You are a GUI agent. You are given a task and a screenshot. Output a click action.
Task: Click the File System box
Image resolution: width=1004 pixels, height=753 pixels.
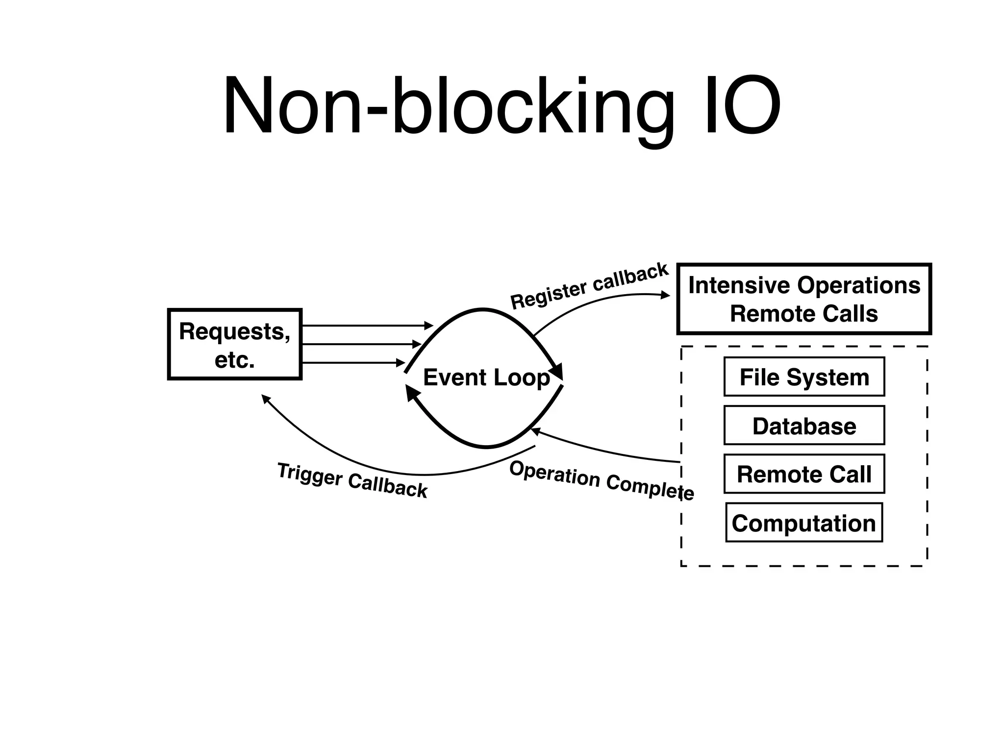point(804,377)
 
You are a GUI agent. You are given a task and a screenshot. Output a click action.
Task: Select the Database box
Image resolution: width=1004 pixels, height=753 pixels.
point(804,426)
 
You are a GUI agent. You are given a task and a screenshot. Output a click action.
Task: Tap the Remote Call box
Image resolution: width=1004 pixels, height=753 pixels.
point(804,474)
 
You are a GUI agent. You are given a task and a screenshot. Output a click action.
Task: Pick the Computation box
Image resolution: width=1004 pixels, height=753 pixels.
point(804,523)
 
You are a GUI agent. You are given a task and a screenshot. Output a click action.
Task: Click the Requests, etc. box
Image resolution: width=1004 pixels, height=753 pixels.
point(234,345)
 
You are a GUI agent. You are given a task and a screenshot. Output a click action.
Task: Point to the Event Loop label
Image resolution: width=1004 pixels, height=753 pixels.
point(486,377)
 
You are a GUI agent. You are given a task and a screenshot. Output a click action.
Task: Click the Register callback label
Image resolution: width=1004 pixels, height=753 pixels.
point(589,286)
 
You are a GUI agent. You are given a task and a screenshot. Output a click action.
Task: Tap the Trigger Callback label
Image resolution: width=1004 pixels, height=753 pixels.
point(352,481)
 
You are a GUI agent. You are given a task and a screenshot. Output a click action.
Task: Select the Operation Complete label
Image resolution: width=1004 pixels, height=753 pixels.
point(601,481)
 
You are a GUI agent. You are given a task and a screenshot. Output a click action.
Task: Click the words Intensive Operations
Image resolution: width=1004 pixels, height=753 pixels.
point(804,285)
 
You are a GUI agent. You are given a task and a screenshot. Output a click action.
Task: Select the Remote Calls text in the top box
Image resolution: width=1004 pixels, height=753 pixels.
point(804,314)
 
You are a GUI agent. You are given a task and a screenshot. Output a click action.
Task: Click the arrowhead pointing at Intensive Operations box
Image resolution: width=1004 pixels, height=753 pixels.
point(665,295)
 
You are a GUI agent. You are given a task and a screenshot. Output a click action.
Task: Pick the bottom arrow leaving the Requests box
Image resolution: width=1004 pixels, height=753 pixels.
point(353,363)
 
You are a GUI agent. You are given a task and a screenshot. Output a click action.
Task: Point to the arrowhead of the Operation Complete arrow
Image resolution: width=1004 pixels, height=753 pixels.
point(536,431)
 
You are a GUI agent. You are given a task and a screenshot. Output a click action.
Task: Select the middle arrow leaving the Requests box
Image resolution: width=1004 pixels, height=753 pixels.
point(360,345)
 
